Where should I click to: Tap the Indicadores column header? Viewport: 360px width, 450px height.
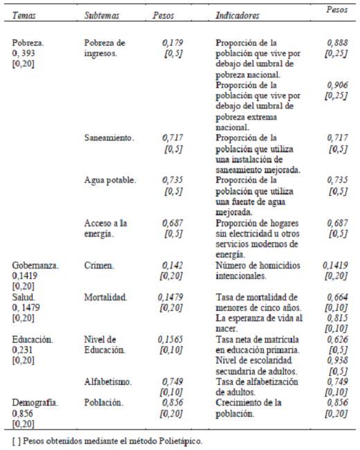(x=237, y=15)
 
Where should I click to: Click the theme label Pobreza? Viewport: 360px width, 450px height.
(x=28, y=42)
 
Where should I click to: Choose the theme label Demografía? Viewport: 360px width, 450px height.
(x=35, y=402)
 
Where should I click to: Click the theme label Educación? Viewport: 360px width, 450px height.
(x=33, y=341)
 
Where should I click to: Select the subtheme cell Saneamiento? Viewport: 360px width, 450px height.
(x=109, y=138)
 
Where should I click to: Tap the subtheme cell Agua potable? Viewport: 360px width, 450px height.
(x=109, y=180)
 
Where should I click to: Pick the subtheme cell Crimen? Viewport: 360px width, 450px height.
(x=100, y=265)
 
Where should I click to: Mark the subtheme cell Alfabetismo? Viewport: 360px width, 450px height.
(x=108, y=381)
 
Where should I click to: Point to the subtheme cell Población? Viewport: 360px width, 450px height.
(x=105, y=402)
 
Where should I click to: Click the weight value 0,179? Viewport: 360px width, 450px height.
(x=172, y=42)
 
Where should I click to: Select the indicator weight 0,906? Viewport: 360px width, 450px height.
(x=338, y=84)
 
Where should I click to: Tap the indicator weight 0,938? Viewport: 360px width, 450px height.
(x=338, y=361)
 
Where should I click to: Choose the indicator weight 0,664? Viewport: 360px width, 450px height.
(x=338, y=298)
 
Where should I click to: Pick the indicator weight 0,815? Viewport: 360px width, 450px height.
(x=338, y=318)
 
